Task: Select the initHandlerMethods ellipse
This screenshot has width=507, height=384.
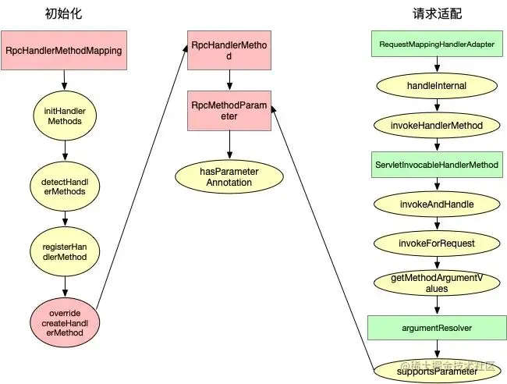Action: tap(65, 116)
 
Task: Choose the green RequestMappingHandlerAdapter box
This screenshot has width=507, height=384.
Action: tap(437, 44)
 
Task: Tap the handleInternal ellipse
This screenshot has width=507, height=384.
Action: tap(437, 85)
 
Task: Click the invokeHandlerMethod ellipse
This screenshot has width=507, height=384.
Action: tap(437, 125)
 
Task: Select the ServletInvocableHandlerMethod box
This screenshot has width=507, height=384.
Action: tap(437, 165)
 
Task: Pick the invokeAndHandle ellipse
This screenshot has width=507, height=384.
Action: tap(437, 204)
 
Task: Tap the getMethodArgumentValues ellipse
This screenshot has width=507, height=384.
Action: tap(437, 283)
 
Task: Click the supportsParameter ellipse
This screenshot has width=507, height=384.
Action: tap(437, 370)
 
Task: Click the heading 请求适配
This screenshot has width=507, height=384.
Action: tap(435, 14)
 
